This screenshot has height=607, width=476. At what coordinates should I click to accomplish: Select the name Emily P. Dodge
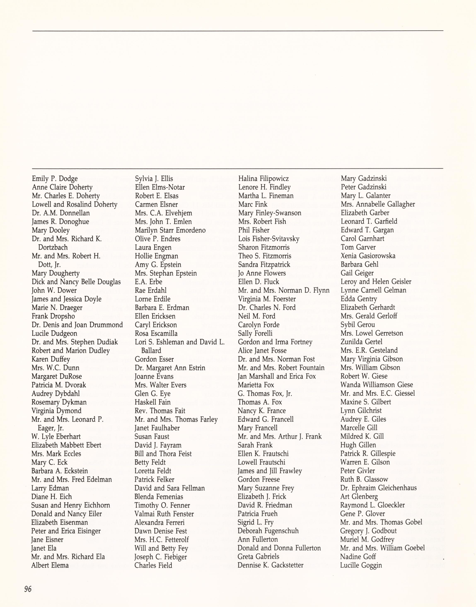55,179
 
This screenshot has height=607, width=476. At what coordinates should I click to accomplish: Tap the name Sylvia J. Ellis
154,179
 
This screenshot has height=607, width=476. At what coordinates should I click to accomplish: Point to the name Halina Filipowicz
263,179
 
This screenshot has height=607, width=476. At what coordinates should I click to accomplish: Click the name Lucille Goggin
361,565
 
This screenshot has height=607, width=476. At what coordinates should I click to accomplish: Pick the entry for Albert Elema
50,565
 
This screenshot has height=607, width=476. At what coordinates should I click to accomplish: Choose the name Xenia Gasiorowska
368,256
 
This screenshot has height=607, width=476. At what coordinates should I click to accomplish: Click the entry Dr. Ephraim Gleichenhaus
378,488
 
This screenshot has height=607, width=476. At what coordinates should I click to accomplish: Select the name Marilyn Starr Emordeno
170,230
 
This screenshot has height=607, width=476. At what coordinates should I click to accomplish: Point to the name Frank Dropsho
53,316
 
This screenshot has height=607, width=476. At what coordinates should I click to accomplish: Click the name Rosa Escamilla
156,333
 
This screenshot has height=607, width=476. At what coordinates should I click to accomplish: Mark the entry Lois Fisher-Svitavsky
269,239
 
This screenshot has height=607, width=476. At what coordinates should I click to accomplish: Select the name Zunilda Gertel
361,342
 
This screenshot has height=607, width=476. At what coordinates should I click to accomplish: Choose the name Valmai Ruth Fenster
164,514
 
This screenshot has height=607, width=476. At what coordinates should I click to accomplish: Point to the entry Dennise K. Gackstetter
270,565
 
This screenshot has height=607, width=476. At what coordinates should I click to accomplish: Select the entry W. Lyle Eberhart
56,437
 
